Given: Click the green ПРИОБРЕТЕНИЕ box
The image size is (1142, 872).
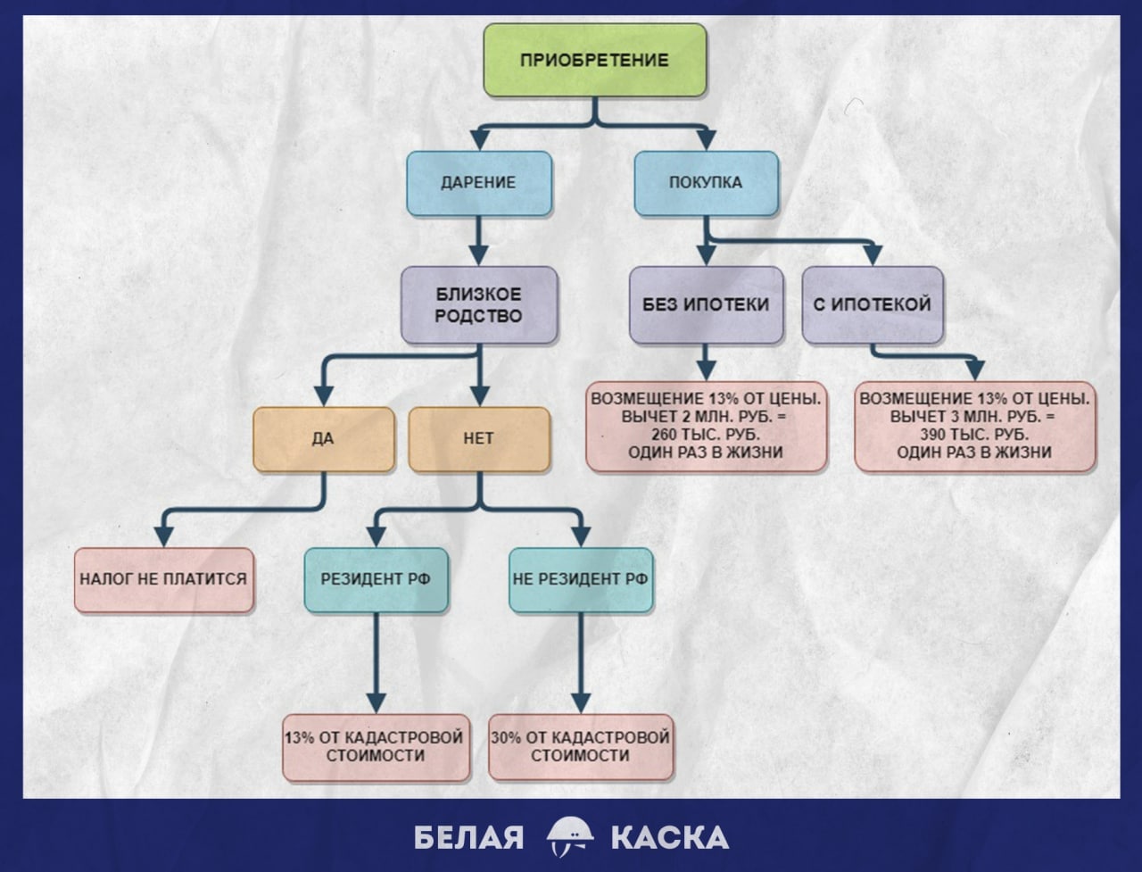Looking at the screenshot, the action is pyautogui.click(x=595, y=60).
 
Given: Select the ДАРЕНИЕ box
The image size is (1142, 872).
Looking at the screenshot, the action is pyautogui.click(x=478, y=183).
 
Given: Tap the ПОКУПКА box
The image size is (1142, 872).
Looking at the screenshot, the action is pyautogui.click(x=706, y=183).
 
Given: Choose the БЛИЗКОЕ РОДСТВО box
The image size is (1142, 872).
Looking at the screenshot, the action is pyautogui.click(x=478, y=305).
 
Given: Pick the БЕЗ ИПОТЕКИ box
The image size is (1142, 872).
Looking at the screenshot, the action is pyautogui.click(x=706, y=305).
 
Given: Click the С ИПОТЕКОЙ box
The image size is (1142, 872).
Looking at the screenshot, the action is pyautogui.click(x=873, y=305).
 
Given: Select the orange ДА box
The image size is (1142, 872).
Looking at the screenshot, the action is pyautogui.click(x=324, y=440).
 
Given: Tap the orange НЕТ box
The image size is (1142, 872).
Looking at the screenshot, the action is pyautogui.click(x=478, y=440).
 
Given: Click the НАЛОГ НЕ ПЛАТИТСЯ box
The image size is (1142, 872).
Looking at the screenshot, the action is pyautogui.click(x=164, y=579).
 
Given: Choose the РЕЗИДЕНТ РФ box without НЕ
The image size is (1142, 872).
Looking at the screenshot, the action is pyautogui.click(x=377, y=579).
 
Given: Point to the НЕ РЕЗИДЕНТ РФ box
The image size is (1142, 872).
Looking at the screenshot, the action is pyautogui.click(x=581, y=579).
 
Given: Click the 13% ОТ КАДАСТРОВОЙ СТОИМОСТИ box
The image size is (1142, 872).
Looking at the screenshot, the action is pyautogui.click(x=376, y=748).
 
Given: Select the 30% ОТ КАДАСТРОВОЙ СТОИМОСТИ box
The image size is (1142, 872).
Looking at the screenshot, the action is pyautogui.click(x=581, y=748).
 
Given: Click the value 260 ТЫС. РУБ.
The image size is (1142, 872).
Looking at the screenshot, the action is pyautogui.click(x=706, y=435).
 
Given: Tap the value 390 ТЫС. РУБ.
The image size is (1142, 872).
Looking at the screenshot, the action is pyautogui.click(x=974, y=435).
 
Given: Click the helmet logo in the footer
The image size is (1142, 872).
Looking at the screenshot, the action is pyautogui.click(x=570, y=837).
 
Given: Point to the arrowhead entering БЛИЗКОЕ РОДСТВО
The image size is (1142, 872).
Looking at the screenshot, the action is pyautogui.click(x=478, y=256).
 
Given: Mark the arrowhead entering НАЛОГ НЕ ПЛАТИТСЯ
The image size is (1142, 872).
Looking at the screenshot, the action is pyautogui.click(x=164, y=536).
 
